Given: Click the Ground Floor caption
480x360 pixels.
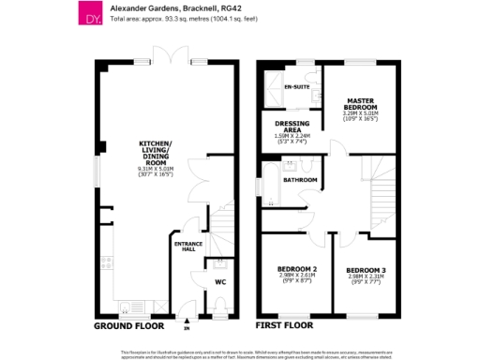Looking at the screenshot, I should click(x=127, y=326).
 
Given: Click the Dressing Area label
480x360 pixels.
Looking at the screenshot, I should click(x=292, y=126).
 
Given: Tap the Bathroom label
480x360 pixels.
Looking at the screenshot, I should click(x=300, y=178).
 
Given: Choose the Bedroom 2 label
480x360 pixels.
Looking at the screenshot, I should click(x=297, y=270).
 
